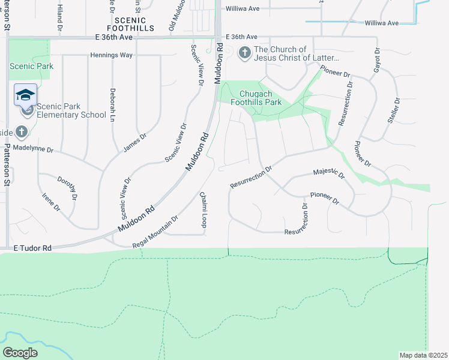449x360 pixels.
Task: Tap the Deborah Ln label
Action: [112, 106]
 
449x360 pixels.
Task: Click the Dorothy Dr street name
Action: [67, 188]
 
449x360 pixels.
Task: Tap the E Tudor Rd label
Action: [32, 247]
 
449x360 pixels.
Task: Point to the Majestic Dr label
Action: [329, 175]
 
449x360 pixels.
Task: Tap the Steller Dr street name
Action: [393, 112]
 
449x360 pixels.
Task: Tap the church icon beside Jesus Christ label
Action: [244, 53]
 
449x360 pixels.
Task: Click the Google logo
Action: [20, 353]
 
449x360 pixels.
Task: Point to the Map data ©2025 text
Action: [423, 355]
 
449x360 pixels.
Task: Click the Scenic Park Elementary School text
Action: [71, 111]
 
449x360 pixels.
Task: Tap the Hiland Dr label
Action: [60, 15]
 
